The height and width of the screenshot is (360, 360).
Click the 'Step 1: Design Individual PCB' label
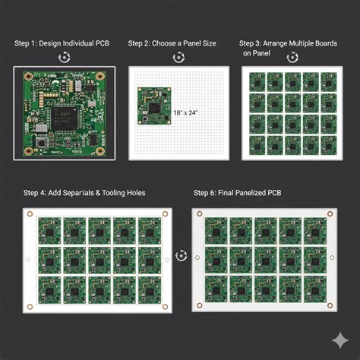pos(62,44)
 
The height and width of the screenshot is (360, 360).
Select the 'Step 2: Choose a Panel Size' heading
pos(172,44)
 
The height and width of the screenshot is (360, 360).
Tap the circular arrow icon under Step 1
pos(65,57)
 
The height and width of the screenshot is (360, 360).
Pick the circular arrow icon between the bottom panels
pos(181,256)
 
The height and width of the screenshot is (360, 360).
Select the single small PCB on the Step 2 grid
pos(154,105)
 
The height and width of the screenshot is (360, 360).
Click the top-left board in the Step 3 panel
pos(256,81)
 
